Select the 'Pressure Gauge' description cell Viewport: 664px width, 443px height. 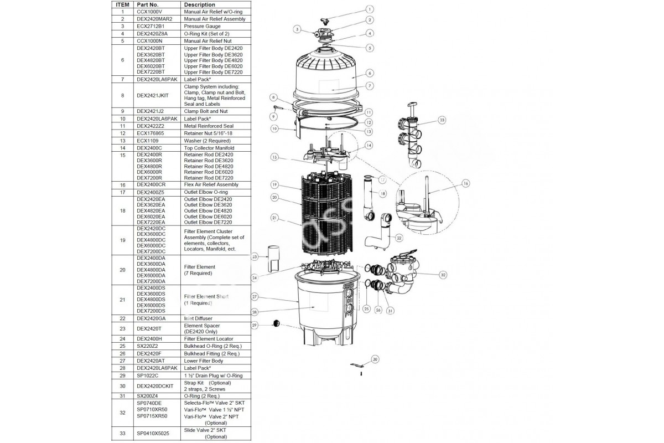tap(202, 26)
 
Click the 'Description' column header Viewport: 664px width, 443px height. tap(200, 4)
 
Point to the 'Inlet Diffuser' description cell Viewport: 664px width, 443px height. tap(198, 318)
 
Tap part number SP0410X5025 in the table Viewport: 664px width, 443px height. tap(152, 432)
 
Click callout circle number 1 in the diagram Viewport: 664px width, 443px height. tap(370, 9)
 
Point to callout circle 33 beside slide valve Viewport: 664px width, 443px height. tap(442, 120)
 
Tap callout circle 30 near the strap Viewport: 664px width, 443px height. tap(375, 360)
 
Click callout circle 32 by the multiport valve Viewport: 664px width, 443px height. tap(443, 274)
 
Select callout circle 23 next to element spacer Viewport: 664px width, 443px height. tap(255, 257)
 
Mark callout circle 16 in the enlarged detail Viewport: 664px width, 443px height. tap(465, 183)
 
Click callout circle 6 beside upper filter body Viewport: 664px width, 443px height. tap(370, 73)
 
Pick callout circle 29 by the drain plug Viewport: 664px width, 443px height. tap(255, 325)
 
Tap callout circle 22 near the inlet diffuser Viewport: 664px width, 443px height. tap(400, 237)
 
